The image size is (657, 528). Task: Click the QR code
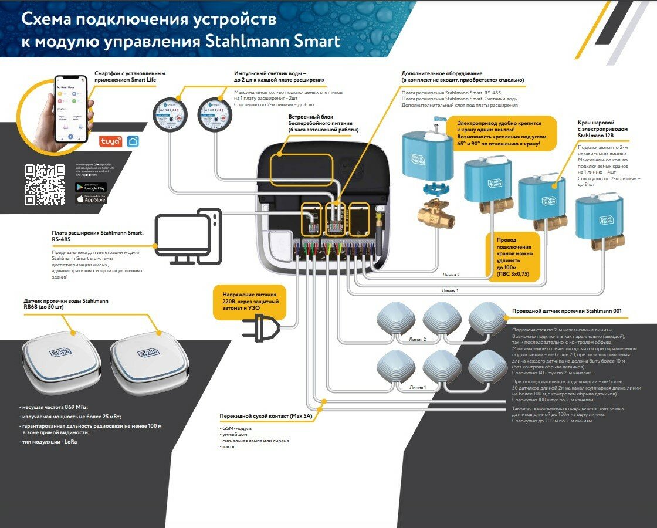45,184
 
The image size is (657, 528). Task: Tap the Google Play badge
91,187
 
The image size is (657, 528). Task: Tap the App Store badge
91,199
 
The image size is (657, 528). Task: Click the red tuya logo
110,141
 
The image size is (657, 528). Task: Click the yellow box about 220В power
250,302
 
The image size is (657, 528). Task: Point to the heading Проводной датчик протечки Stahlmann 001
567,311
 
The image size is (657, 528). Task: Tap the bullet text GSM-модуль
236,428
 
